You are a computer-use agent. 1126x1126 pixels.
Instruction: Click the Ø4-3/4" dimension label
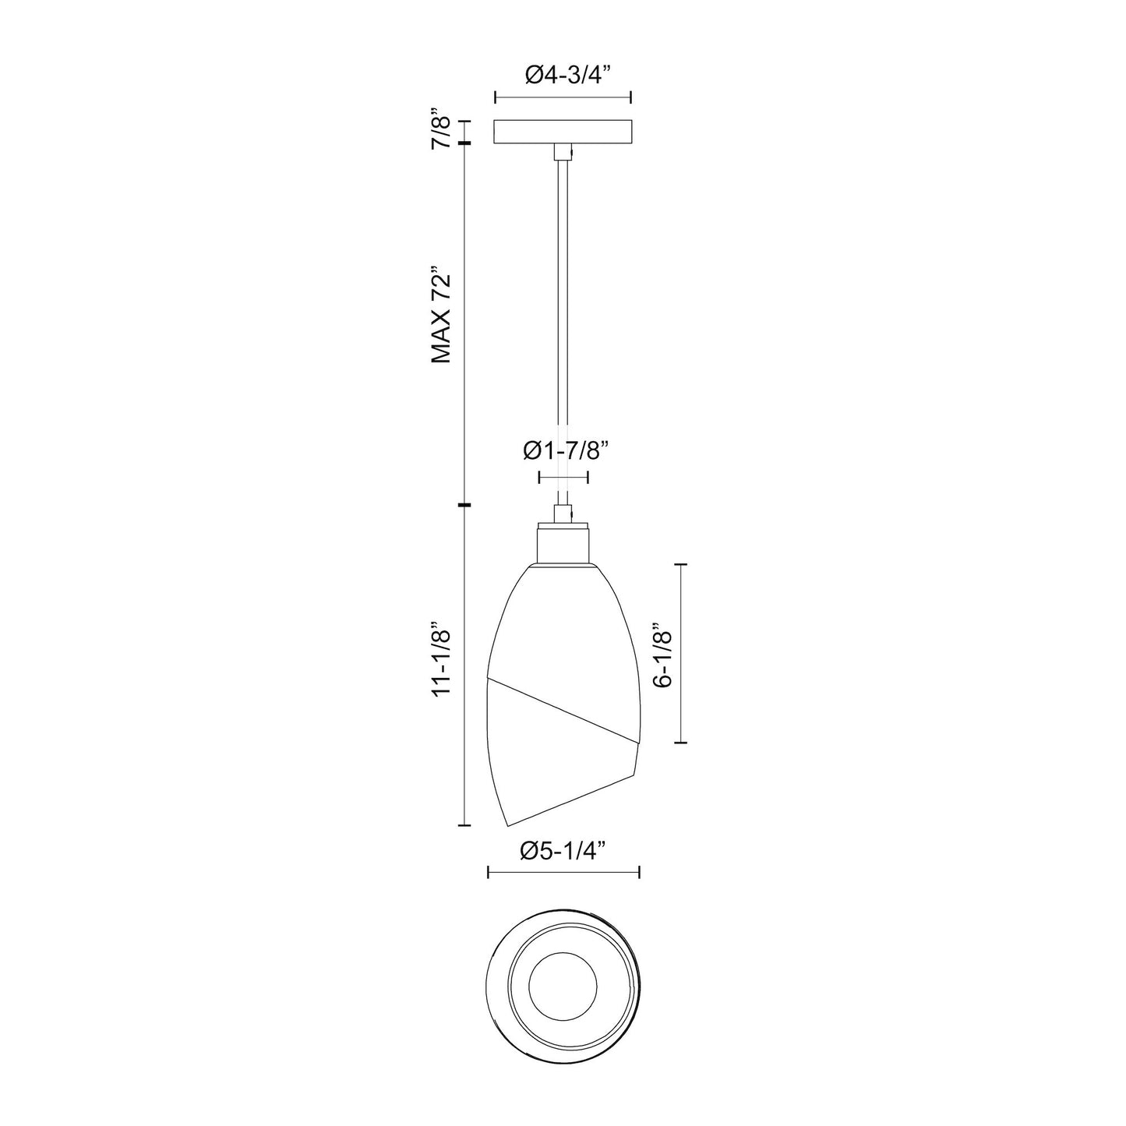563,75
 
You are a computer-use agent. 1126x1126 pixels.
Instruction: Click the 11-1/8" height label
442,658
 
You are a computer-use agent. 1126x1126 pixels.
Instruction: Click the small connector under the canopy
563,152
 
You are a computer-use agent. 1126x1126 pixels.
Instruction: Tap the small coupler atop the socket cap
563,514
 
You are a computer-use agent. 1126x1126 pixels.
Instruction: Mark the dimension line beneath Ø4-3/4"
563,98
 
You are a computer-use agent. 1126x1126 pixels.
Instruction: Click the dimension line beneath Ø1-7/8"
563,478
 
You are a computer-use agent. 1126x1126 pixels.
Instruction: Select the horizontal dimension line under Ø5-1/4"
563,872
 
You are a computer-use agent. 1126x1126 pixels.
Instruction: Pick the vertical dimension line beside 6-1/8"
683,653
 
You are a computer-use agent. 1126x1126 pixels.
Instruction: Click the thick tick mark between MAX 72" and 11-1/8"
465,506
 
